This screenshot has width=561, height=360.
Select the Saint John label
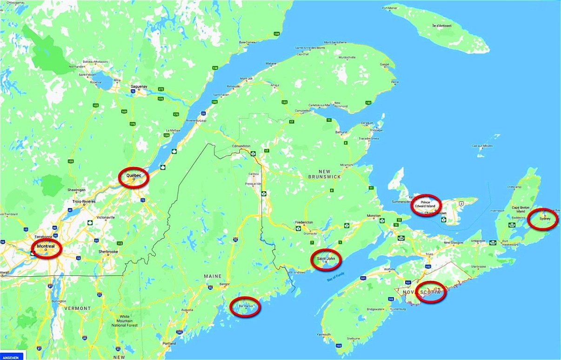[x=325, y=258]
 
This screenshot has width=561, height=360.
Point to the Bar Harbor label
[x=244, y=307]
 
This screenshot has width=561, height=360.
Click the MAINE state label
[x=213, y=276]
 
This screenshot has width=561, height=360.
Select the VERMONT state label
[x=78, y=308]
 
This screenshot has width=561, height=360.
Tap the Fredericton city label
[x=304, y=222]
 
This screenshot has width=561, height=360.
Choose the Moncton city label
[x=374, y=216]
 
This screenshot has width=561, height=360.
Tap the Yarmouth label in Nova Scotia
[x=324, y=334]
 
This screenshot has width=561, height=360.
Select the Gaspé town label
[x=384, y=65]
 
